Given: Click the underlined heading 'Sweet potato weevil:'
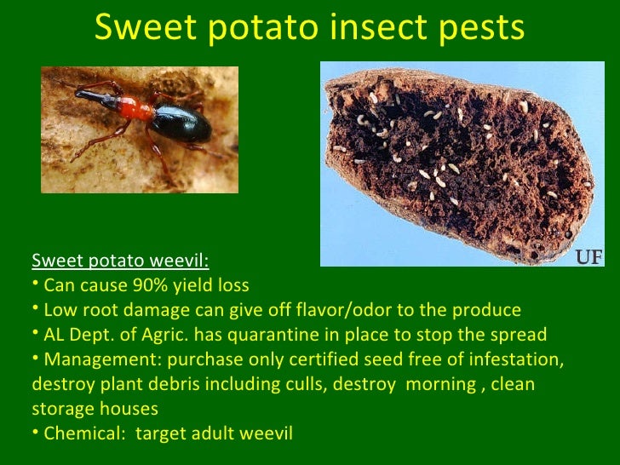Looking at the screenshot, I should (120, 260).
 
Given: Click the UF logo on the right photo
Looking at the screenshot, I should (590, 256).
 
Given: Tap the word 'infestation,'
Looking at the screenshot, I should (512, 359).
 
